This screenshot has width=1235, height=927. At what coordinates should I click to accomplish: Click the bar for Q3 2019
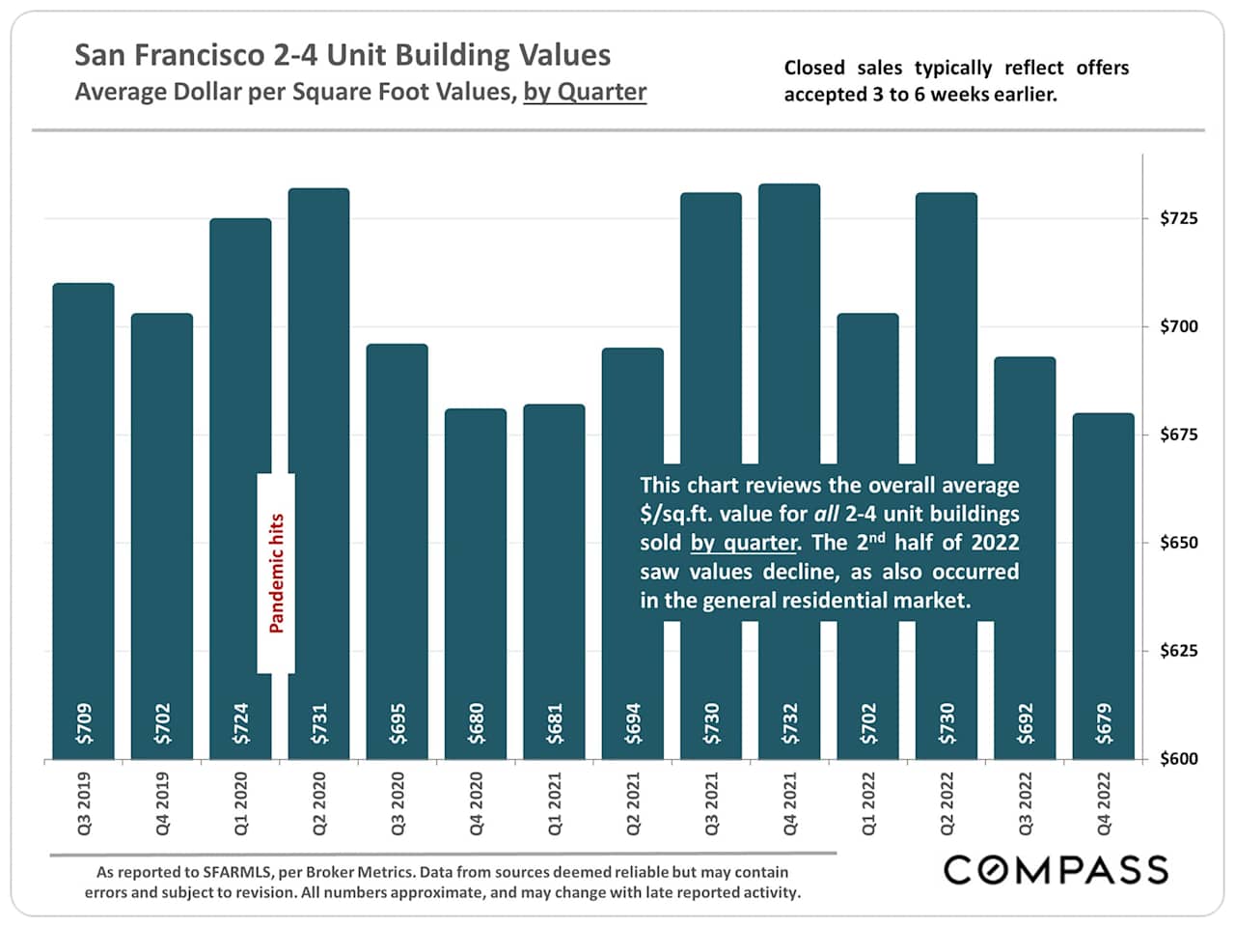click(x=83, y=521)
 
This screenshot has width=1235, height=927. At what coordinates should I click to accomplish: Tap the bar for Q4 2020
click(x=476, y=579)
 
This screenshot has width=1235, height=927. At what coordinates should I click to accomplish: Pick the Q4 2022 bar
click(x=1103, y=579)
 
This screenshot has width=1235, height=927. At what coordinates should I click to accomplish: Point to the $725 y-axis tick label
click(x=1178, y=218)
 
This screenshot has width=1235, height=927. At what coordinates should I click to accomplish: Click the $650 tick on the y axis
click(x=1178, y=543)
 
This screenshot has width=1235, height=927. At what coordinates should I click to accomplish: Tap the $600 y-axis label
click(x=1178, y=759)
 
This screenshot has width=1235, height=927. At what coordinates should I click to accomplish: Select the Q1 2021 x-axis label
click(x=555, y=803)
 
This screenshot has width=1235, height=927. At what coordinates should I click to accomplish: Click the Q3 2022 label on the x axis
click(x=1026, y=803)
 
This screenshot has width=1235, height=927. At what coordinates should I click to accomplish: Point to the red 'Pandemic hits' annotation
click(x=277, y=574)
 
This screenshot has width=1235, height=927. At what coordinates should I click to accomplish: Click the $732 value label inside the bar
click(x=790, y=723)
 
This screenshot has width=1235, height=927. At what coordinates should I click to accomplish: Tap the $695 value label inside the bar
click(x=398, y=723)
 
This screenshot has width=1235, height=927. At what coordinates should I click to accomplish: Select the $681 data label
click(x=555, y=723)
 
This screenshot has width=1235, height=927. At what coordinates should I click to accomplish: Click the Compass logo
click(x=1056, y=870)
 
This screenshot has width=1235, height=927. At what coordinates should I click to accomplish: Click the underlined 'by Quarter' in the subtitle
click(x=585, y=93)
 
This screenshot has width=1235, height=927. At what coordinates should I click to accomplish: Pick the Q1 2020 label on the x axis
click(x=240, y=803)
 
